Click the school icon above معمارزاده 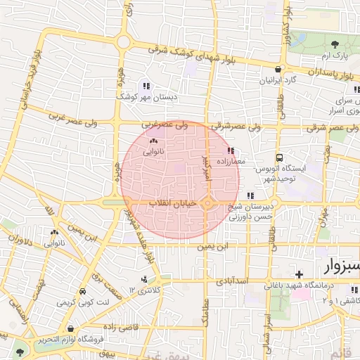pyautogui.click(x=231, y=151)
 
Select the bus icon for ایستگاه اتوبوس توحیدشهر pyautogui.click(x=280, y=158)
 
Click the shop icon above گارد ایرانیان pyautogui.click(x=280, y=70)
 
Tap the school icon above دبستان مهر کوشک pyautogui.click(x=146, y=85)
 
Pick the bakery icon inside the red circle pyautogui.click(x=153, y=141)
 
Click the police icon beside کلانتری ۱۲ pyautogui.click(x=144, y=279)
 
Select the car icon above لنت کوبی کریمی pyautogui.click(x=83, y=291)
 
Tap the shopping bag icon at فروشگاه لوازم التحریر pyautogui.click(x=71, y=328)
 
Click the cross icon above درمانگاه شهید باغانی pyautogui.click(x=300, y=274)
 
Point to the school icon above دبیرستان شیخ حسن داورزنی pyautogui.click(x=250, y=195)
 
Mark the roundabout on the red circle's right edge pyautogui.click(x=209, y=204)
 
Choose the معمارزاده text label pyautogui.click(x=245, y=162)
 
